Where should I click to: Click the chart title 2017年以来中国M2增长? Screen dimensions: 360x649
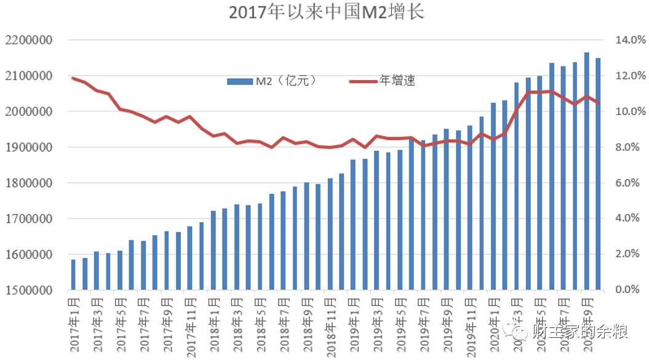326,12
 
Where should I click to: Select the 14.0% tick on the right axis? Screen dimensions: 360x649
629,41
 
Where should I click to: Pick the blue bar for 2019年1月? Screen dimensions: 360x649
353,225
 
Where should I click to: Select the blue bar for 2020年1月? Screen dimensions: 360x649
493,196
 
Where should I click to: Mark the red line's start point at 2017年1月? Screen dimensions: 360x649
73,78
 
